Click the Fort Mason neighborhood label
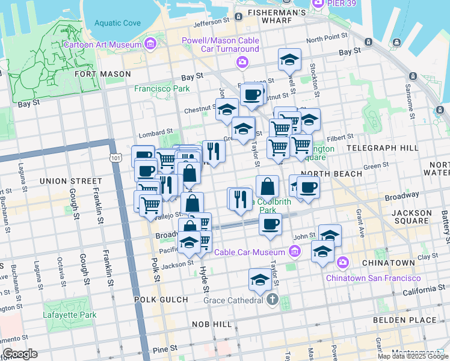pos(102,74)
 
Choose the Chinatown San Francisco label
pos(373,278)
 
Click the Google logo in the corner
pos(20,354)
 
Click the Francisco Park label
pos(162,88)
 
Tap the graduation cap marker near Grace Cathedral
pos(260,280)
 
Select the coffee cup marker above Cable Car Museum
pos(270,224)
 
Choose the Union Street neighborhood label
pos(70,180)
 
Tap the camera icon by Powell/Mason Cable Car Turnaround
pos(242,62)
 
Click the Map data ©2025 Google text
pos(412,356)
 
